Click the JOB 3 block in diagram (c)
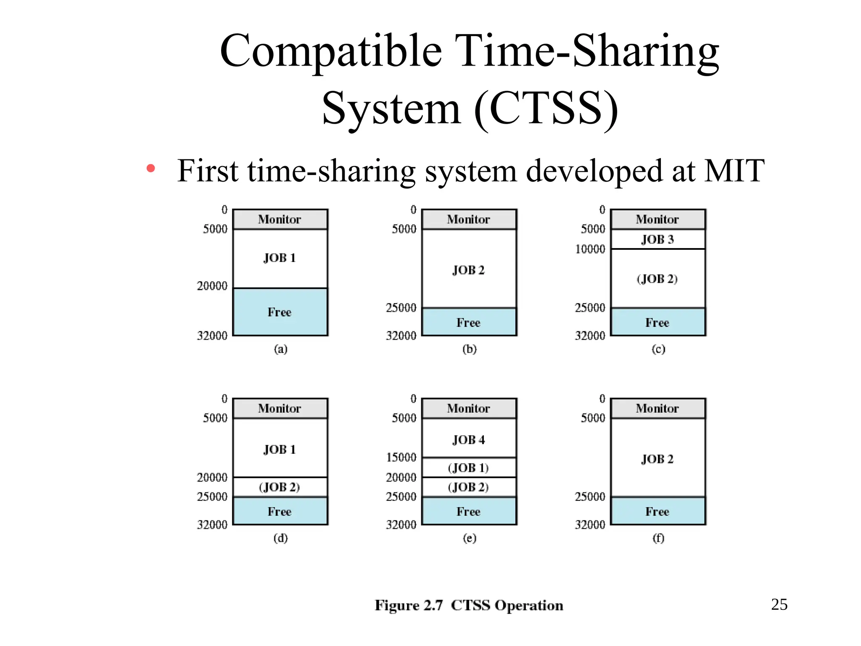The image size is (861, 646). pyautogui.click(x=658, y=239)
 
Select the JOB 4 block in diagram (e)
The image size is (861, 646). pyautogui.click(x=469, y=438)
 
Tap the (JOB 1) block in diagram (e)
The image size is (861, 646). pyautogui.click(x=469, y=468)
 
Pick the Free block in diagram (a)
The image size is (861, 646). pyautogui.click(x=280, y=312)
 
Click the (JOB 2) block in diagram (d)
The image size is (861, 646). pyautogui.click(x=280, y=487)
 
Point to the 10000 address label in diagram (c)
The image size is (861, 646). pyautogui.click(x=590, y=249)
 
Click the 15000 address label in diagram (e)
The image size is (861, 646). pyautogui.click(x=401, y=457)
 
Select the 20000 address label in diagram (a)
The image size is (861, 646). pyautogui.click(x=212, y=286)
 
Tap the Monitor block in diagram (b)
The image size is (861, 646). pyautogui.click(x=469, y=219)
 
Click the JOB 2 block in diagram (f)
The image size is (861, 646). pyautogui.click(x=658, y=458)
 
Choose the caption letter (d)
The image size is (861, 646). pyautogui.click(x=280, y=538)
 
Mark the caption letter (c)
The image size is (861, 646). pyautogui.click(x=658, y=349)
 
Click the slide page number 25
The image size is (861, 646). pyautogui.click(x=779, y=604)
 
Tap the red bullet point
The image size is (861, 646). pyautogui.click(x=151, y=169)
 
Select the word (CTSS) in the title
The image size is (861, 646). pyautogui.click(x=546, y=109)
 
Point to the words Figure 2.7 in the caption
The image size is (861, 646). pyautogui.click(x=409, y=605)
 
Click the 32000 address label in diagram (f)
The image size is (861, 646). pyautogui.click(x=590, y=524)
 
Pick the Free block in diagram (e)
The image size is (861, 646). pyautogui.click(x=469, y=511)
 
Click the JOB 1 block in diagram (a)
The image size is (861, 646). pyautogui.click(x=280, y=258)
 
